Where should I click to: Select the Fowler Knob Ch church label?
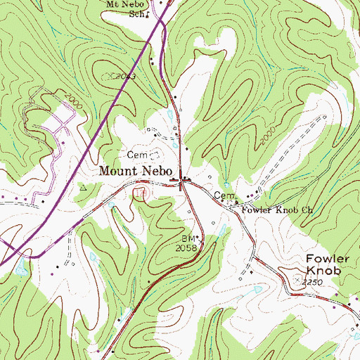click(276, 210)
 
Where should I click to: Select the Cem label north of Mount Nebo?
click(136, 153)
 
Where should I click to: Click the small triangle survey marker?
click(83, 188)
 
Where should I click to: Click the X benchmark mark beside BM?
click(198, 239)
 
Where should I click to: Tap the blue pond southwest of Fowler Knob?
click(257, 289)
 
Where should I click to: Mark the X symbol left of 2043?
click(109, 74)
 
